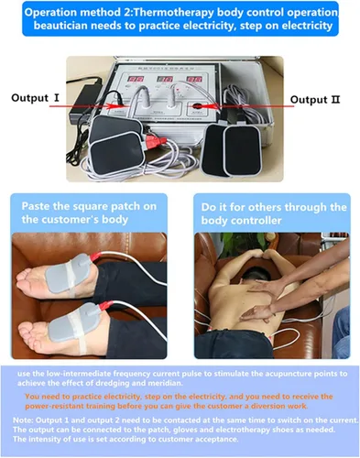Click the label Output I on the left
[x=36, y=95]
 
